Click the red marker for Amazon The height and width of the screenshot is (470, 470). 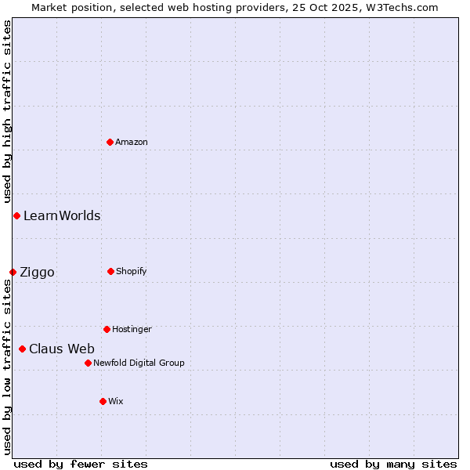pyautogui.click(x=110, y=142)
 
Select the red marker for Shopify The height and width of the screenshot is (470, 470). pyautogui.click(x=110, y=271)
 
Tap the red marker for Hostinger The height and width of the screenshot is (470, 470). pyautogui.click(x=107, y=329)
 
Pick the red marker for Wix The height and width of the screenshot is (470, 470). pyautogui.click(x=103, y=401)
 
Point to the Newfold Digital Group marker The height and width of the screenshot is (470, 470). pyautogui.click(x=88, y=363)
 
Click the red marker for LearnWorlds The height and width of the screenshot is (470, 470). pyautogui.click(x=16, y=215)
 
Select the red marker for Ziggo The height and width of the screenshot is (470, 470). pyautogui.click(x=13, y=272)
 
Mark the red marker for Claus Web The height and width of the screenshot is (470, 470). pyautogui.click(x=22, y=349)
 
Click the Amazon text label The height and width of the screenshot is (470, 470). pyautogui.click(x=132, y=142)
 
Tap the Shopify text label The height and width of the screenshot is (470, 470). pyautogui.click(x=132, y=271)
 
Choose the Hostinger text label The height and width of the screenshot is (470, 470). pyautogui.click(x=132, y=329)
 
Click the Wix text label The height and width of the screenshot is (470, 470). pyautogui.click(x=116, y=401)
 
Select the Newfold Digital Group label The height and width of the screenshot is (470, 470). pyautogui.click(x=139, y=363)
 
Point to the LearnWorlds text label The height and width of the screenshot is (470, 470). pyautogui.click(x=62, y=215)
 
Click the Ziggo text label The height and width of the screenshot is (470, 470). pyautogui.click(x=37, y=272)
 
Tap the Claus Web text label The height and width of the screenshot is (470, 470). pyautogui.click(x=62, y=349)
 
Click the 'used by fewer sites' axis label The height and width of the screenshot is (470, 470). pyautogui.click(x=81, y=464)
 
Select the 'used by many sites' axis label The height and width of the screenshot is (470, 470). pyautogui.click(x=393, y=464)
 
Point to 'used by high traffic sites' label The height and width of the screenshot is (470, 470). pyautogui.click(x=7, y=111)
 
